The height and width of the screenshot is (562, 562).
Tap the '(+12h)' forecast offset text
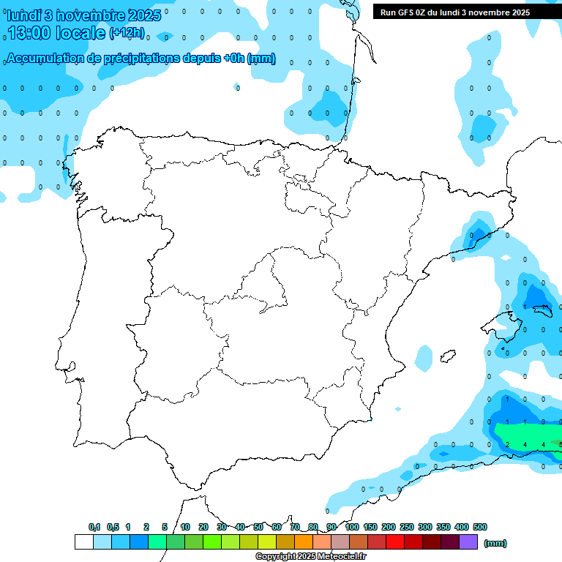coord(127,33)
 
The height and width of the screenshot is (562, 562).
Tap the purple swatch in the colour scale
coord(468,542)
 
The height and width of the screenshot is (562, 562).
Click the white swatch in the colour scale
coord(83,542)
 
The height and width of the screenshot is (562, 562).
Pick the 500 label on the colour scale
coord(480,527)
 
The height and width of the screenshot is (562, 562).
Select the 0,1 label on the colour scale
coord(94,527)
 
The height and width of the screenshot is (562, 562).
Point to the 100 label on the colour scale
coord(352,527)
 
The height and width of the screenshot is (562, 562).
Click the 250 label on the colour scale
coord(407,527)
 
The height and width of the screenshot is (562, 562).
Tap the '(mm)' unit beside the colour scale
coord(495,543)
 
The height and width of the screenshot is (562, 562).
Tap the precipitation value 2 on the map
coord(507,445)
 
